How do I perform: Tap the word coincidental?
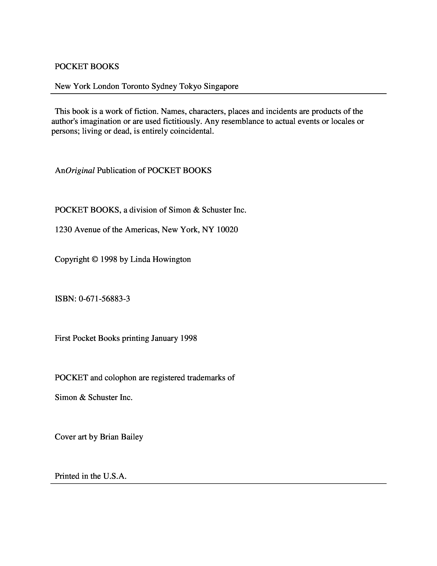[x=192, y=131]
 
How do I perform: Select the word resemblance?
[x=243, y=121]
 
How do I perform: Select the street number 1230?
[x=63, y=230]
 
